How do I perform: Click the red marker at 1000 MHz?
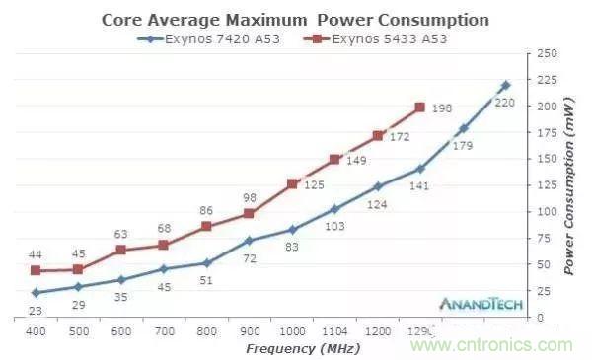(x=292, y=183)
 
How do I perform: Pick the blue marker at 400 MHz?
(x=36, y=292)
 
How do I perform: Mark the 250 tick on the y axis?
(x=545, y=52)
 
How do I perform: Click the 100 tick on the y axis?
(x=545, y=211)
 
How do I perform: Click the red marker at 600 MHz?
(x=120, y=250)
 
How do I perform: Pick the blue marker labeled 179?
(x=464, y=129)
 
